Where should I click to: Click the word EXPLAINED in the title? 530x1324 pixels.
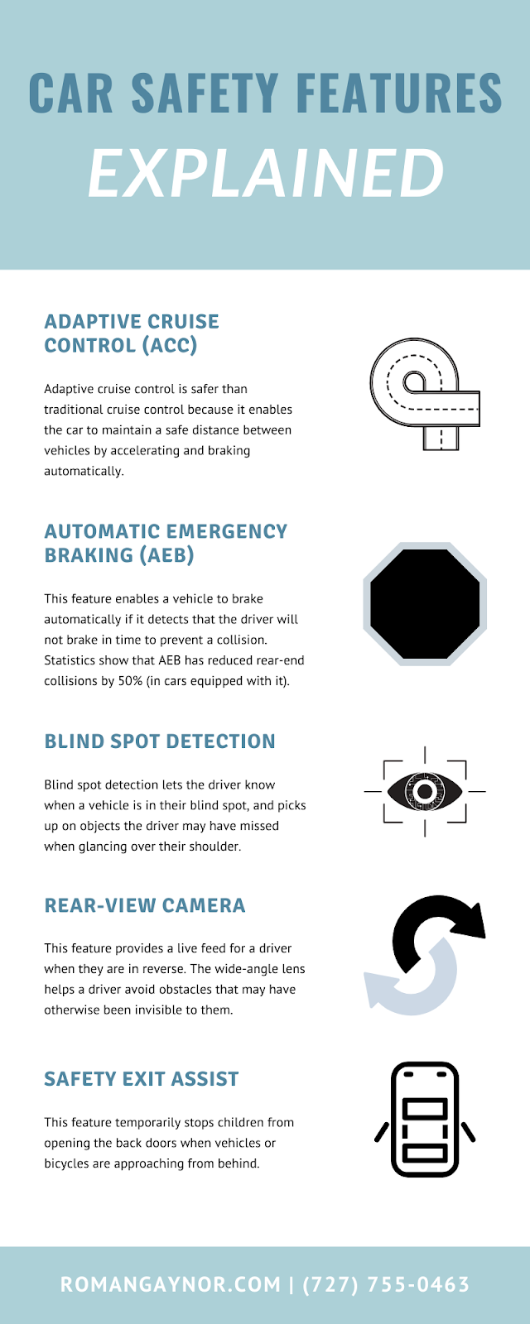[266, 174]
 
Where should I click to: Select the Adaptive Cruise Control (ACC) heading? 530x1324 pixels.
[132, 333]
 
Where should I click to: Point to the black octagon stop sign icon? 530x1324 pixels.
[425, 604]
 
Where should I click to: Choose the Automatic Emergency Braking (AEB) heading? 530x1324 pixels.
[166, 544]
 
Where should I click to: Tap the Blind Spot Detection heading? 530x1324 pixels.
[160, 741]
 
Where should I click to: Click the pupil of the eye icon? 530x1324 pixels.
[425, 792]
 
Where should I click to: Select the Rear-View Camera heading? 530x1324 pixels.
[145, 905]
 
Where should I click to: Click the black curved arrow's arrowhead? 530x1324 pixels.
[468, 920]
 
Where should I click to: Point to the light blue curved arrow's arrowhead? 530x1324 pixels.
[378, 991]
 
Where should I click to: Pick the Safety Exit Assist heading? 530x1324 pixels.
[142, 1079]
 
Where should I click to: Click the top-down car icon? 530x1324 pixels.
[425, 1120]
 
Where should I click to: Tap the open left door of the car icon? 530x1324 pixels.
[382, 1131]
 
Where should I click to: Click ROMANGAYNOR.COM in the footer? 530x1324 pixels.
[171, 1284]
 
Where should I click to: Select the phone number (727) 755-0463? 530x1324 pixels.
[386, 1284]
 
